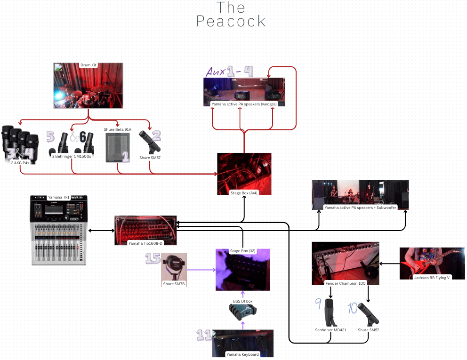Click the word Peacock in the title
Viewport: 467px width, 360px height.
tap(231, 21)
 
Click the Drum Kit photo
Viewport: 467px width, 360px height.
tap(89, 86)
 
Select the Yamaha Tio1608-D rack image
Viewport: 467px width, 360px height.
tap(145, 231)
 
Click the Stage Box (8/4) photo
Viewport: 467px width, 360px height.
tap(244, 173)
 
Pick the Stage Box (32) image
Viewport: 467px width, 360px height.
tap(242, 269)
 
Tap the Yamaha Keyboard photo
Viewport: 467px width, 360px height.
tap(242, 343)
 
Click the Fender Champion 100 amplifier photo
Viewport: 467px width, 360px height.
tap(345, 263)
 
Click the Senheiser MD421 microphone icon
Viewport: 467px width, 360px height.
tap(331, 312)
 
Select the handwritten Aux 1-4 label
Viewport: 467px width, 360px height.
tap(229, 72)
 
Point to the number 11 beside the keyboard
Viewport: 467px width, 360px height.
tap(203, 335)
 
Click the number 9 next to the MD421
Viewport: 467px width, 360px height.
tap(318, 305)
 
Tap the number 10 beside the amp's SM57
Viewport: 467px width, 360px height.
tap(353, 309)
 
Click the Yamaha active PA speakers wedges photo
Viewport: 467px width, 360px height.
tap(244, 92)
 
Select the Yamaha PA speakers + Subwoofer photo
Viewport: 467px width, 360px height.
tap(360, 194)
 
